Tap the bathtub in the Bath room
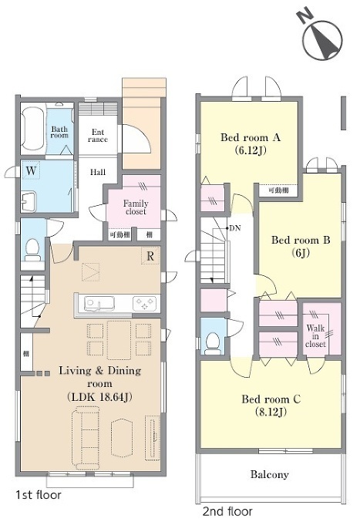coord(32,129)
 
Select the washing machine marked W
coord(31,170)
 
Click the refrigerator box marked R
coord(150,256)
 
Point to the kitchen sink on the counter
coord(99,303)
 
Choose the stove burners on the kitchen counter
coord(145,303)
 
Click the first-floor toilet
coord(32,249)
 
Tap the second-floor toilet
coord(213,343)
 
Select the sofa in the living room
coord(86,439)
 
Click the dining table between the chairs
coord(119,340)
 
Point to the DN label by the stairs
coord(235,228)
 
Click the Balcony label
coord(269,474)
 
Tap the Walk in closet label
coord(315,336)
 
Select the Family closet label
coord(136,207)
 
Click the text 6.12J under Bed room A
coord(251,150)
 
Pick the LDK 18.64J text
coord(99,396)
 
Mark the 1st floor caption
coord(39,495)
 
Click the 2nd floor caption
coord(227,511)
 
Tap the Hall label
coord(98,172)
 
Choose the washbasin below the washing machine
coord(29,201)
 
